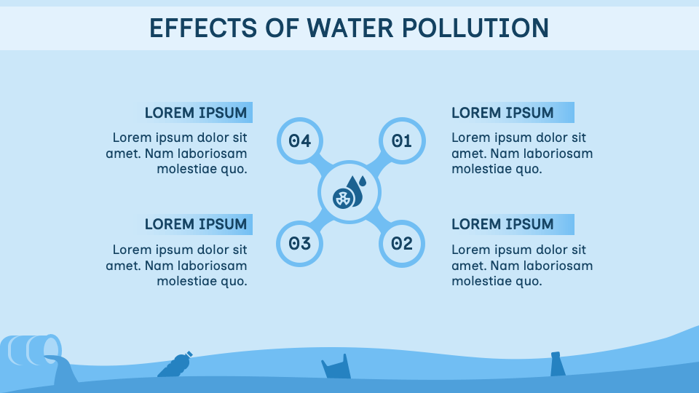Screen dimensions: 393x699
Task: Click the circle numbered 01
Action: coord(402,140)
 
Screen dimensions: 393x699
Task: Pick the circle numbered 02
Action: coord(402,244)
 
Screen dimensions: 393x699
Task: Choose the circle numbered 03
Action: coord(299,244)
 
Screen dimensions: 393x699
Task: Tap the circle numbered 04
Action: coord(299,140)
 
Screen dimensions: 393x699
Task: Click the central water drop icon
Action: coord(349,193)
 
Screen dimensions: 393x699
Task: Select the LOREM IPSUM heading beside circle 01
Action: coord(502,113)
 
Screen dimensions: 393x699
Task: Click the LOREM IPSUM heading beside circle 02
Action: coord(502,224)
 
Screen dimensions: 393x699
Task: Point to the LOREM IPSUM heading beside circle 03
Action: coord(196,224)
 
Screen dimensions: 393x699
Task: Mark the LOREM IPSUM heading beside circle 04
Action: coord(196,113)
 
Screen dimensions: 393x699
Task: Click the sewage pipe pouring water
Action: coord(33,351)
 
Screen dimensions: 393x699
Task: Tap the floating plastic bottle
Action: coord(175,365)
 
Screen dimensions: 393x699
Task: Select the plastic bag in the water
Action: coord(336,368)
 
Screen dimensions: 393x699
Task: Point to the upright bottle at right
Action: coord(558,364)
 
